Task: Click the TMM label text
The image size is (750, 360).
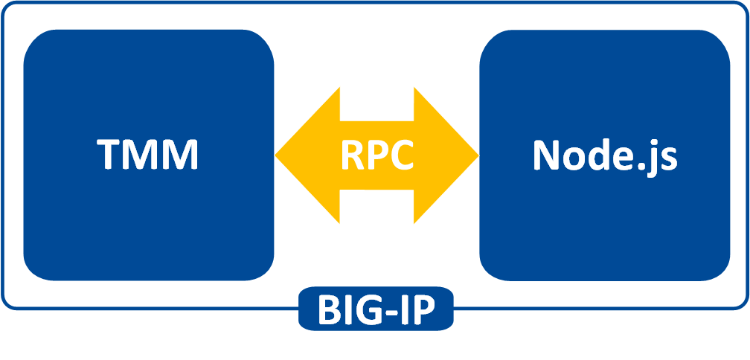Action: tap(148, 155)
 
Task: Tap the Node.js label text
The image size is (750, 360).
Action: tap(604, 155)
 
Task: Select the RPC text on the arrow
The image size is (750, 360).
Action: tap(376, 155)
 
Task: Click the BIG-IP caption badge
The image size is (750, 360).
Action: tap(376, 310)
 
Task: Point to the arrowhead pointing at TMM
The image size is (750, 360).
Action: tap(294, 155)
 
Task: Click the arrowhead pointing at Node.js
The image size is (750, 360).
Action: tap(459, 155)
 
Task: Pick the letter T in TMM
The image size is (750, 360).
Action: tap(109, 155)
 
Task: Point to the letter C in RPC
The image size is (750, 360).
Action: tap(401, 155)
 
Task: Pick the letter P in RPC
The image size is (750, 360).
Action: tap(376, 155)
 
